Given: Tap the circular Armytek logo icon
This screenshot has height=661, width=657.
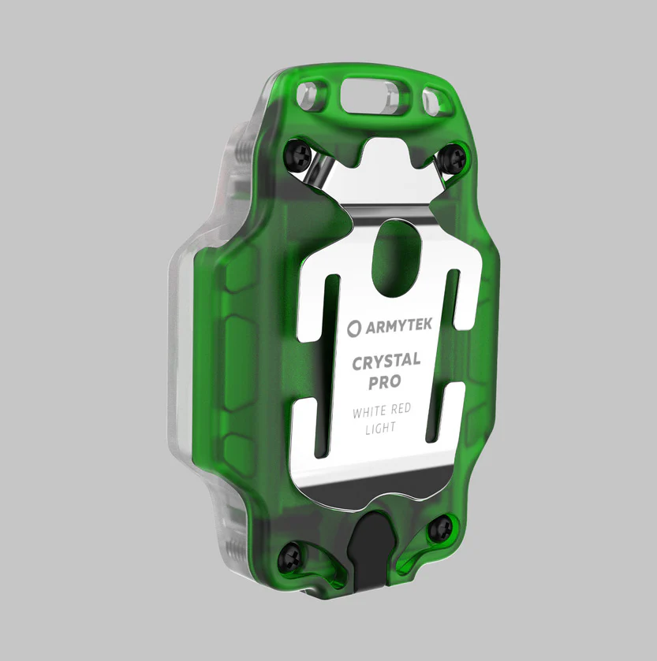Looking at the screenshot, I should tap(353, 325).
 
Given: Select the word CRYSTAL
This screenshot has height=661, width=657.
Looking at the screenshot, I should tap(386, 363).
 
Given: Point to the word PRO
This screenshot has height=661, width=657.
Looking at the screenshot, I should tap(384, 382).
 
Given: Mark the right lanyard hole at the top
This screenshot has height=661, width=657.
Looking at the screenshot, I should tap(432, 101).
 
